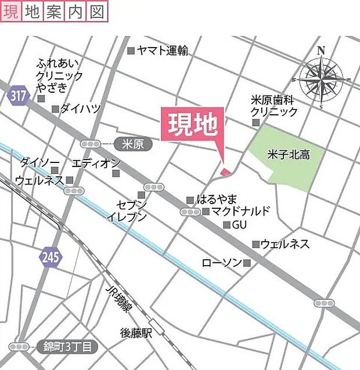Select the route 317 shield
[18, 96]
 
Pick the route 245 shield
[51, 257]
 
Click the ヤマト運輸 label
[163, 51]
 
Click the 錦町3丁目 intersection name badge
[67, 347]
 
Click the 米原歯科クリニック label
[274, 106]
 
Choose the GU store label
[240, 224]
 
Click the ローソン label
[221, 263]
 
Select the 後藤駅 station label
[136, 332]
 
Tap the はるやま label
[217, 199]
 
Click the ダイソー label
[39, 161]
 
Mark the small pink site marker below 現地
[225, 171]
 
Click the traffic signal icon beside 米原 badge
[91, 143]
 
